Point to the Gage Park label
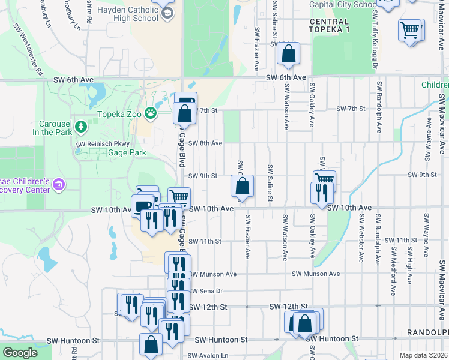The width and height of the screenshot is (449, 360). tap(127, 153)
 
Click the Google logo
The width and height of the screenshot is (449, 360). tap(20, 353)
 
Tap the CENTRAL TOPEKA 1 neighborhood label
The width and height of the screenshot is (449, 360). tap(328, 25)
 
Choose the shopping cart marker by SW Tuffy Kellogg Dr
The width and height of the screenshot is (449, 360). tap(409, 29)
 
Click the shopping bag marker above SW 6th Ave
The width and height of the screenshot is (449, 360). tap(289, 53)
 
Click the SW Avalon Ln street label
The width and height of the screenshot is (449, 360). tap(208, 355)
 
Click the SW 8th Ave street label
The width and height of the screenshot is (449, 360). tap(205, 143)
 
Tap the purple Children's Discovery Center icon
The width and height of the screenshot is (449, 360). tap(59, 185)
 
